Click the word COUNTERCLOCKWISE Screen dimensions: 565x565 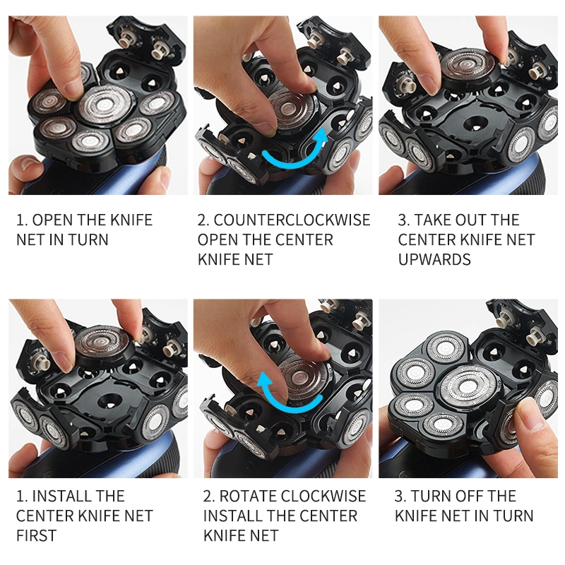pos(292,220)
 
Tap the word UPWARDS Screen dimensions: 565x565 pos(434,260)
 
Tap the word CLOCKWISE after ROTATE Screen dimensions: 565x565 pos(325,496)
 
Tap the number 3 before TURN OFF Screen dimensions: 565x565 pos(400,496)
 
